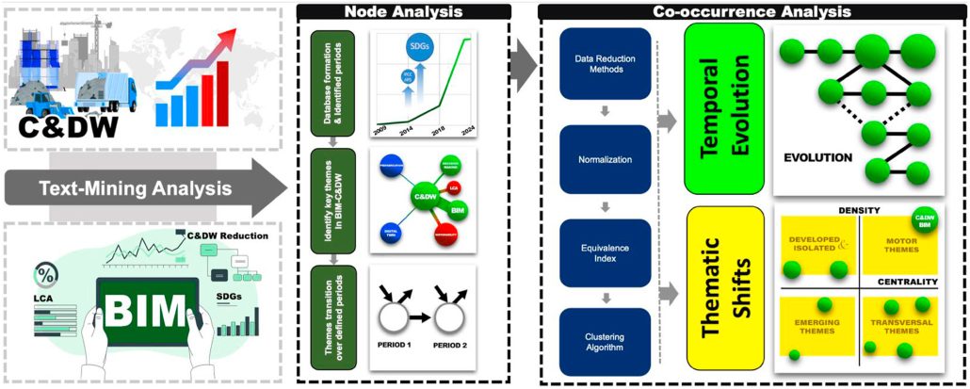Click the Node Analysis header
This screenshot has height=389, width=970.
tap(402, 12)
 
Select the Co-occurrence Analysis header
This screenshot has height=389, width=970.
tap(752, 12)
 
